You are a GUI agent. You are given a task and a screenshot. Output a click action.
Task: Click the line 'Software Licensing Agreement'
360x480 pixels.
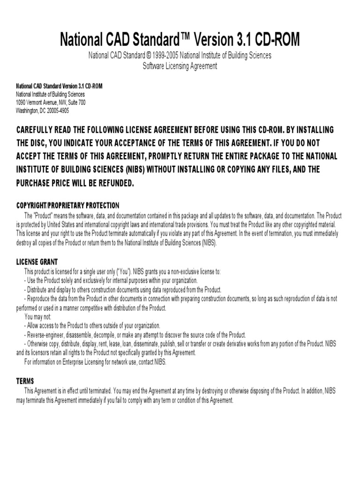180,66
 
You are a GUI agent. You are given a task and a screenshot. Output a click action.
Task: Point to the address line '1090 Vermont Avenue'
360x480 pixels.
37,102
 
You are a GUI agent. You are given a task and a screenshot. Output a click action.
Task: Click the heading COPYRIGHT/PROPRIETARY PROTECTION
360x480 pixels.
68,205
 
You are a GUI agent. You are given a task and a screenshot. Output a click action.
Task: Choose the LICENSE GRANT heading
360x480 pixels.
37,262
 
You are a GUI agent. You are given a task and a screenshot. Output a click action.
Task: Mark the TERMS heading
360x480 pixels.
25,381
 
